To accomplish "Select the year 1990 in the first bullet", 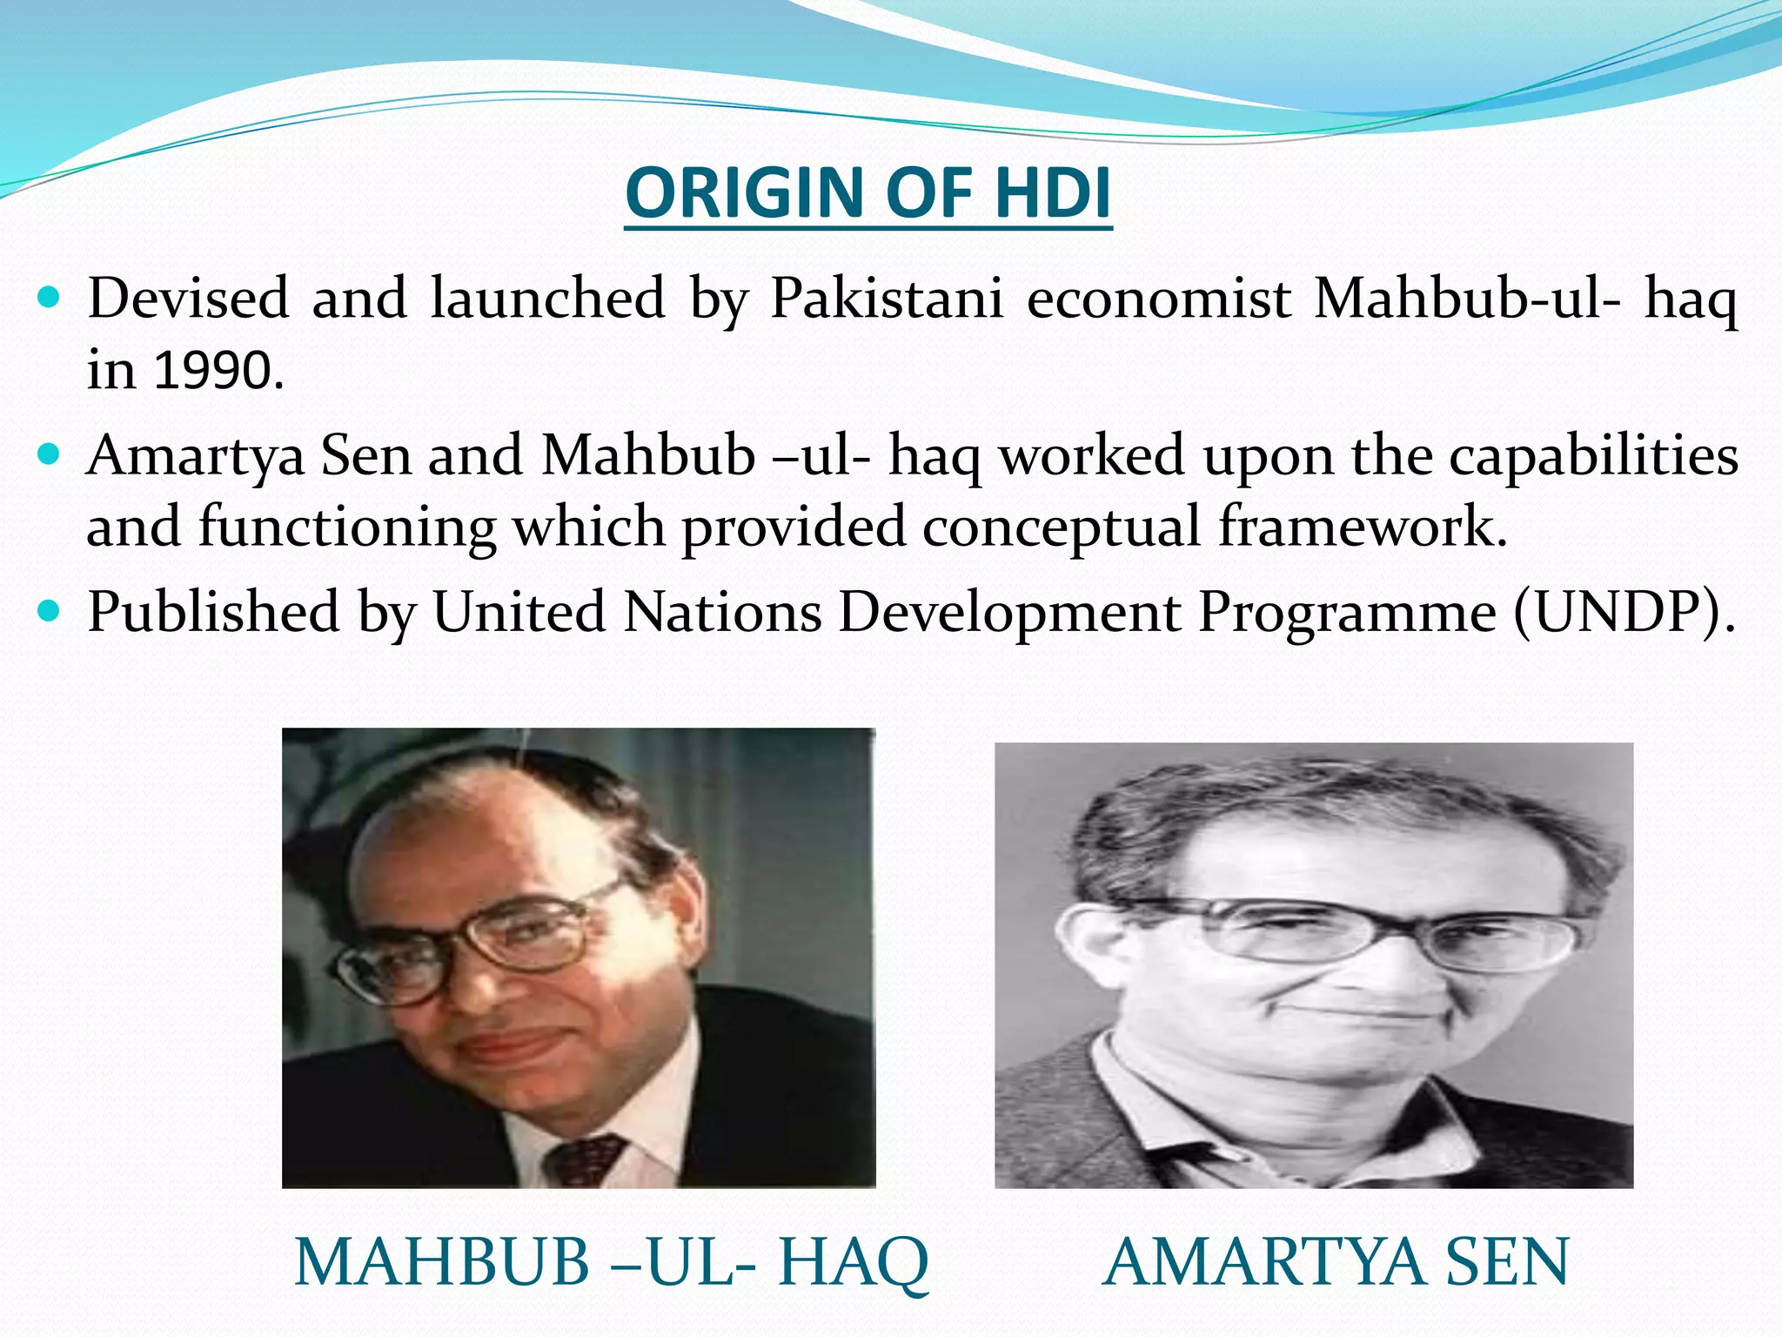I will [218, 370].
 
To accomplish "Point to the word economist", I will [1159, 299].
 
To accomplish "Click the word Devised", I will [188, 299].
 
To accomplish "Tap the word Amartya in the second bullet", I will [195, 456].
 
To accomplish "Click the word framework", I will [1363, 527].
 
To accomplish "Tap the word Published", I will [213, 613].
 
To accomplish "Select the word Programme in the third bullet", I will [1348, 613].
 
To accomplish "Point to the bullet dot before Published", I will [50, 612].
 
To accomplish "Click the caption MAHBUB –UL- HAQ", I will [612, 1262].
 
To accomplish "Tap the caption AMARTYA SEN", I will [1336, 1262].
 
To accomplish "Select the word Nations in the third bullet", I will [722, 613].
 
